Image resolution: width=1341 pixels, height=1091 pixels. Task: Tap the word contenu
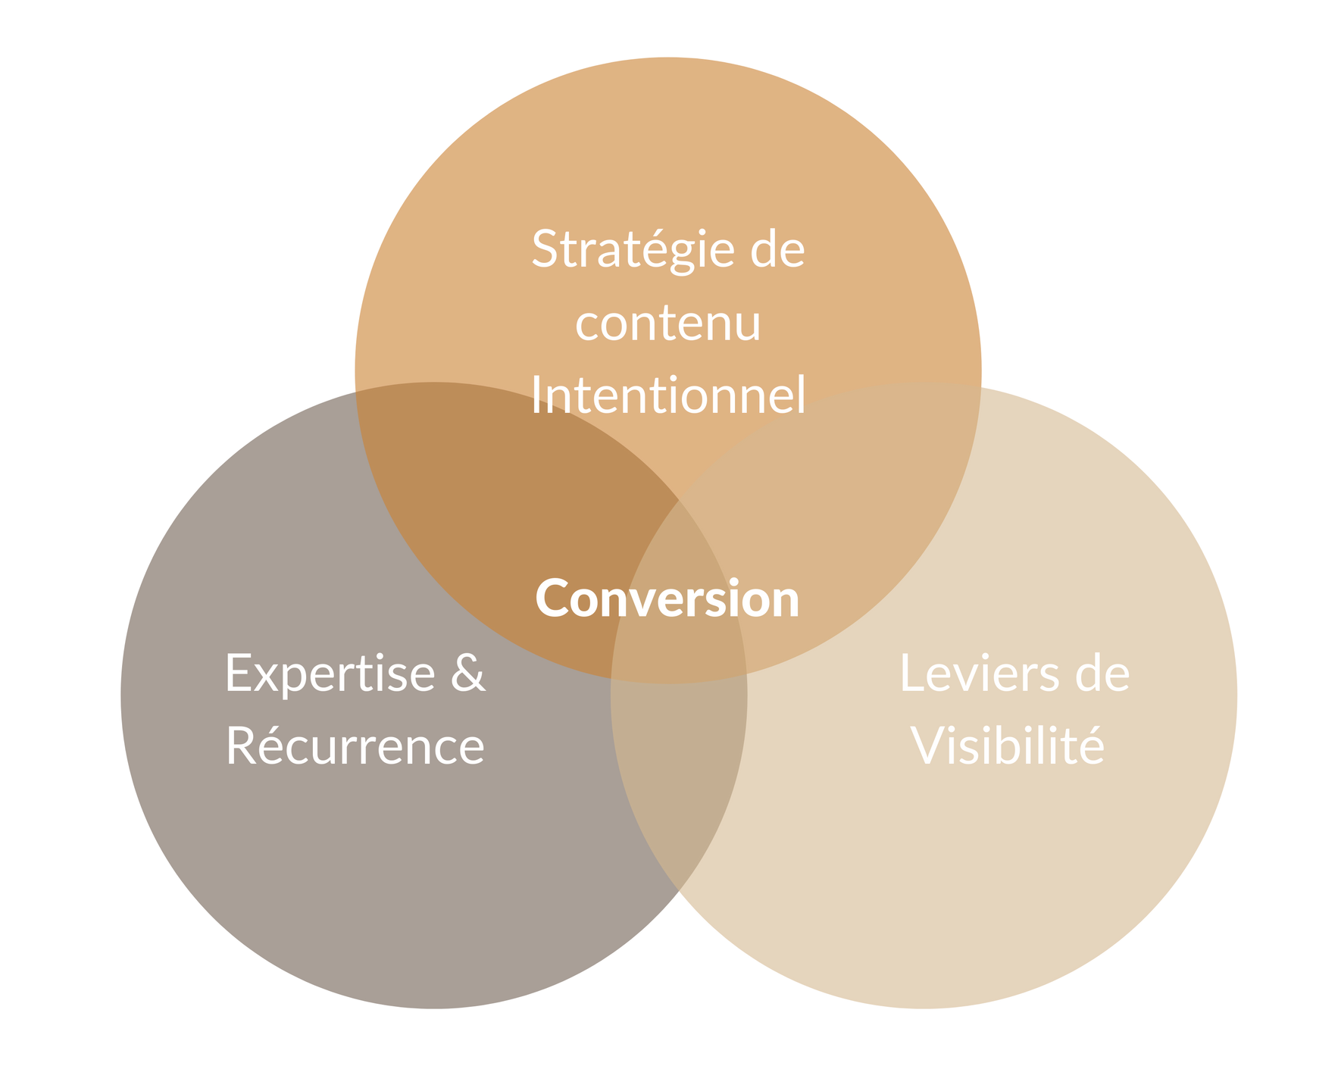click(x=667, y=323)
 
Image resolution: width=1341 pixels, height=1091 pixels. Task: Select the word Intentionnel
click(x=667, y=395)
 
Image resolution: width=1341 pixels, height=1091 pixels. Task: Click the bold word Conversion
click(x=667, y=599)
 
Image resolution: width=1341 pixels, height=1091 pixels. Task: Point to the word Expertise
click(x=330, y=673)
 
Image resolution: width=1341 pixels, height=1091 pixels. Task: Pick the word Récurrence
click(x=355, y=746)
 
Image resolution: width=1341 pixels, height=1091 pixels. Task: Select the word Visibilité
click(x=1008, y=746)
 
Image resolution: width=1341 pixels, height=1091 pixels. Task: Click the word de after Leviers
click(x=1102, y=673)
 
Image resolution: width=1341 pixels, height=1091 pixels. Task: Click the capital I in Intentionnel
click(x=536, y=395)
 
